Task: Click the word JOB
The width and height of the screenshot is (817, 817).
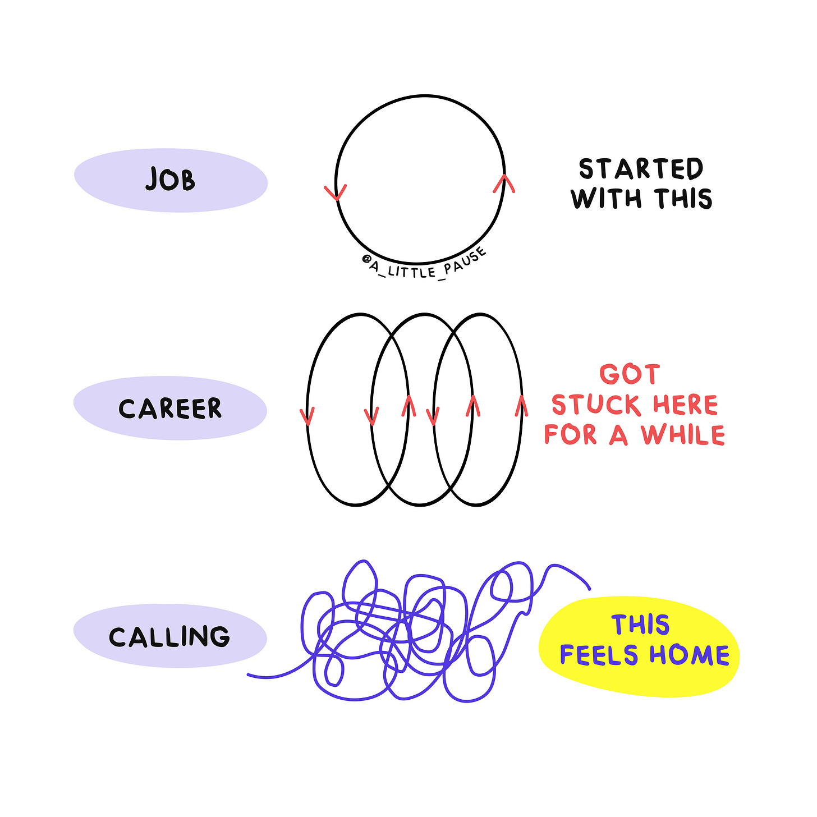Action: tap(170, 180)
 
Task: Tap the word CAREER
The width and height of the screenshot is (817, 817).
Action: tap(170, 408)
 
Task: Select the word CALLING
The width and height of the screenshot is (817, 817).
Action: tap(169, 637)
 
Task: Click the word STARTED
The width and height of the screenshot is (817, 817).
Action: tap(641, 169)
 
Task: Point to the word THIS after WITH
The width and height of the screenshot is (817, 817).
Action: tap(683, 199)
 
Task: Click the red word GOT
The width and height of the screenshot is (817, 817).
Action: tap(630, 375)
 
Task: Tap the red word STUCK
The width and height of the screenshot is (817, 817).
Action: tap(596, 405)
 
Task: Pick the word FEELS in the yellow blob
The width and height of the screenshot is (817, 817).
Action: tap(599, 655)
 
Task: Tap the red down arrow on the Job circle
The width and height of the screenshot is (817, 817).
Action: tap(336, 192)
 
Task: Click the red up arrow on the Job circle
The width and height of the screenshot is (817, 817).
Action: tap(504, 183)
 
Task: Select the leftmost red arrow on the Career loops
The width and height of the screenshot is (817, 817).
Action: tap(307, 416)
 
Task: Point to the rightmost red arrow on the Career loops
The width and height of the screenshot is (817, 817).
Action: tap(521, 406)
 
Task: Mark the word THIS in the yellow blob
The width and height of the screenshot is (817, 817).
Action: tap(641, 625)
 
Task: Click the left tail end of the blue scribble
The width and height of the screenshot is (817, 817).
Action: tap(249, 675)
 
